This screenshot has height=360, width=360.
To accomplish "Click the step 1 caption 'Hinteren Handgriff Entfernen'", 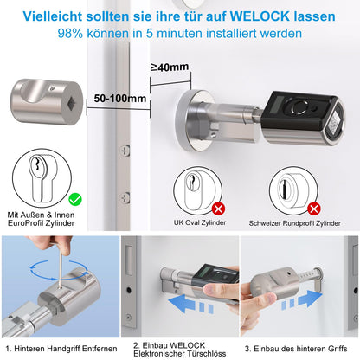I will point(59,346).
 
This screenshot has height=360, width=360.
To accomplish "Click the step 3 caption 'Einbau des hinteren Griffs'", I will point(299,346).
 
